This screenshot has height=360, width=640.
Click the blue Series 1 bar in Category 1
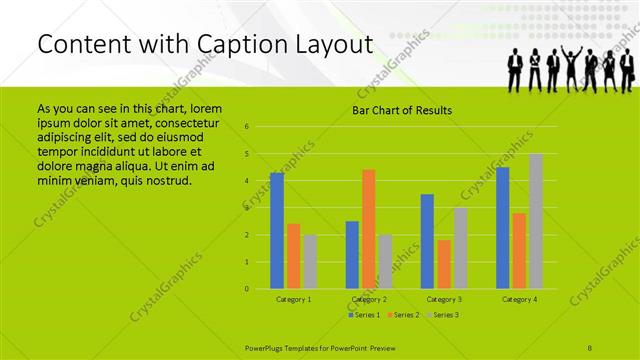coord(277,231)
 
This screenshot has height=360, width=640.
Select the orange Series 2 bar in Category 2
coord(368,229)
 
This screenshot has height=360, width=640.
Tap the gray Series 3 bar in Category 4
coord(535,221)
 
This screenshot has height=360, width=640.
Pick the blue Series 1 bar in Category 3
coord(427,241)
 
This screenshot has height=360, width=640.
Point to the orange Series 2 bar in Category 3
coord(443,264)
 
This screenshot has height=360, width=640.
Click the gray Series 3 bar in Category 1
coord(309,262)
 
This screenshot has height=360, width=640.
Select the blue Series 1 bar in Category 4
coord(502,228)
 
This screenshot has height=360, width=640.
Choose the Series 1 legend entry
coord(364,315)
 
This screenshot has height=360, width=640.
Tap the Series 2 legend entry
coord(403,315)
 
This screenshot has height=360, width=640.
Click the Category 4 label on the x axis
coord(518,299)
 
